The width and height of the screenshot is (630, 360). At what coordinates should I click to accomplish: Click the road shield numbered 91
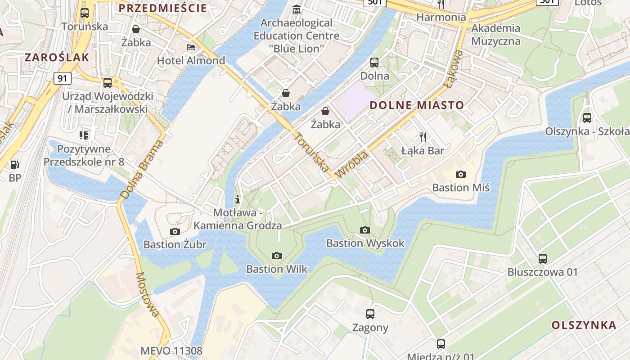coord(63,78)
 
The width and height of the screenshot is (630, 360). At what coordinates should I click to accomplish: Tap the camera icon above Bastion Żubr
coord(175,231)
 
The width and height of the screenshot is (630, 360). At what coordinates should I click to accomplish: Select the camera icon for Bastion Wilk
coord(277,256)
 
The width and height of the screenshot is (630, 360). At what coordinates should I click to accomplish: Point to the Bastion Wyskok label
coord(365,243)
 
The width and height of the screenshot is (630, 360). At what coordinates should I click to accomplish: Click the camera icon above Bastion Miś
coord(460,174)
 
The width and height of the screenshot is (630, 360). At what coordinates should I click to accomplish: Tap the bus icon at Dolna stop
coord(374,63)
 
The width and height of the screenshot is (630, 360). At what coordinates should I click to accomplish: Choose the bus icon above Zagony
coord(370,314)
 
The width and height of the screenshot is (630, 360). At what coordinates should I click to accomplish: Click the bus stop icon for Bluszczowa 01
coord(543,258)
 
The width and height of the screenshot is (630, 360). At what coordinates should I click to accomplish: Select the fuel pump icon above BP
coord(14,165)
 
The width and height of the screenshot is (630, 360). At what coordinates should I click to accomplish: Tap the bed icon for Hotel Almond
coord(191,47)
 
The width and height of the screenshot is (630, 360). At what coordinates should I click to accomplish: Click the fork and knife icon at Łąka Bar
coord(423,137)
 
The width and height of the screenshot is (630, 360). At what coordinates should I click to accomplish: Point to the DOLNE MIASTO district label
coord(417,105)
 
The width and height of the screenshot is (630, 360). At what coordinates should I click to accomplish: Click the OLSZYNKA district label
coord(584,325)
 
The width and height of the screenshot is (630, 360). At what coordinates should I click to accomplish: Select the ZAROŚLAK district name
coord(57,57)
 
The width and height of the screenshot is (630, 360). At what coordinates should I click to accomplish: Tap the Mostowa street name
coord(148,294)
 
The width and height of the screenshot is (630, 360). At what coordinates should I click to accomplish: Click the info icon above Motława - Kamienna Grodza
coord(238,199)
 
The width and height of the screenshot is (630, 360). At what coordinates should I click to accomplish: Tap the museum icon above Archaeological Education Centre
coord(297,9)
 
